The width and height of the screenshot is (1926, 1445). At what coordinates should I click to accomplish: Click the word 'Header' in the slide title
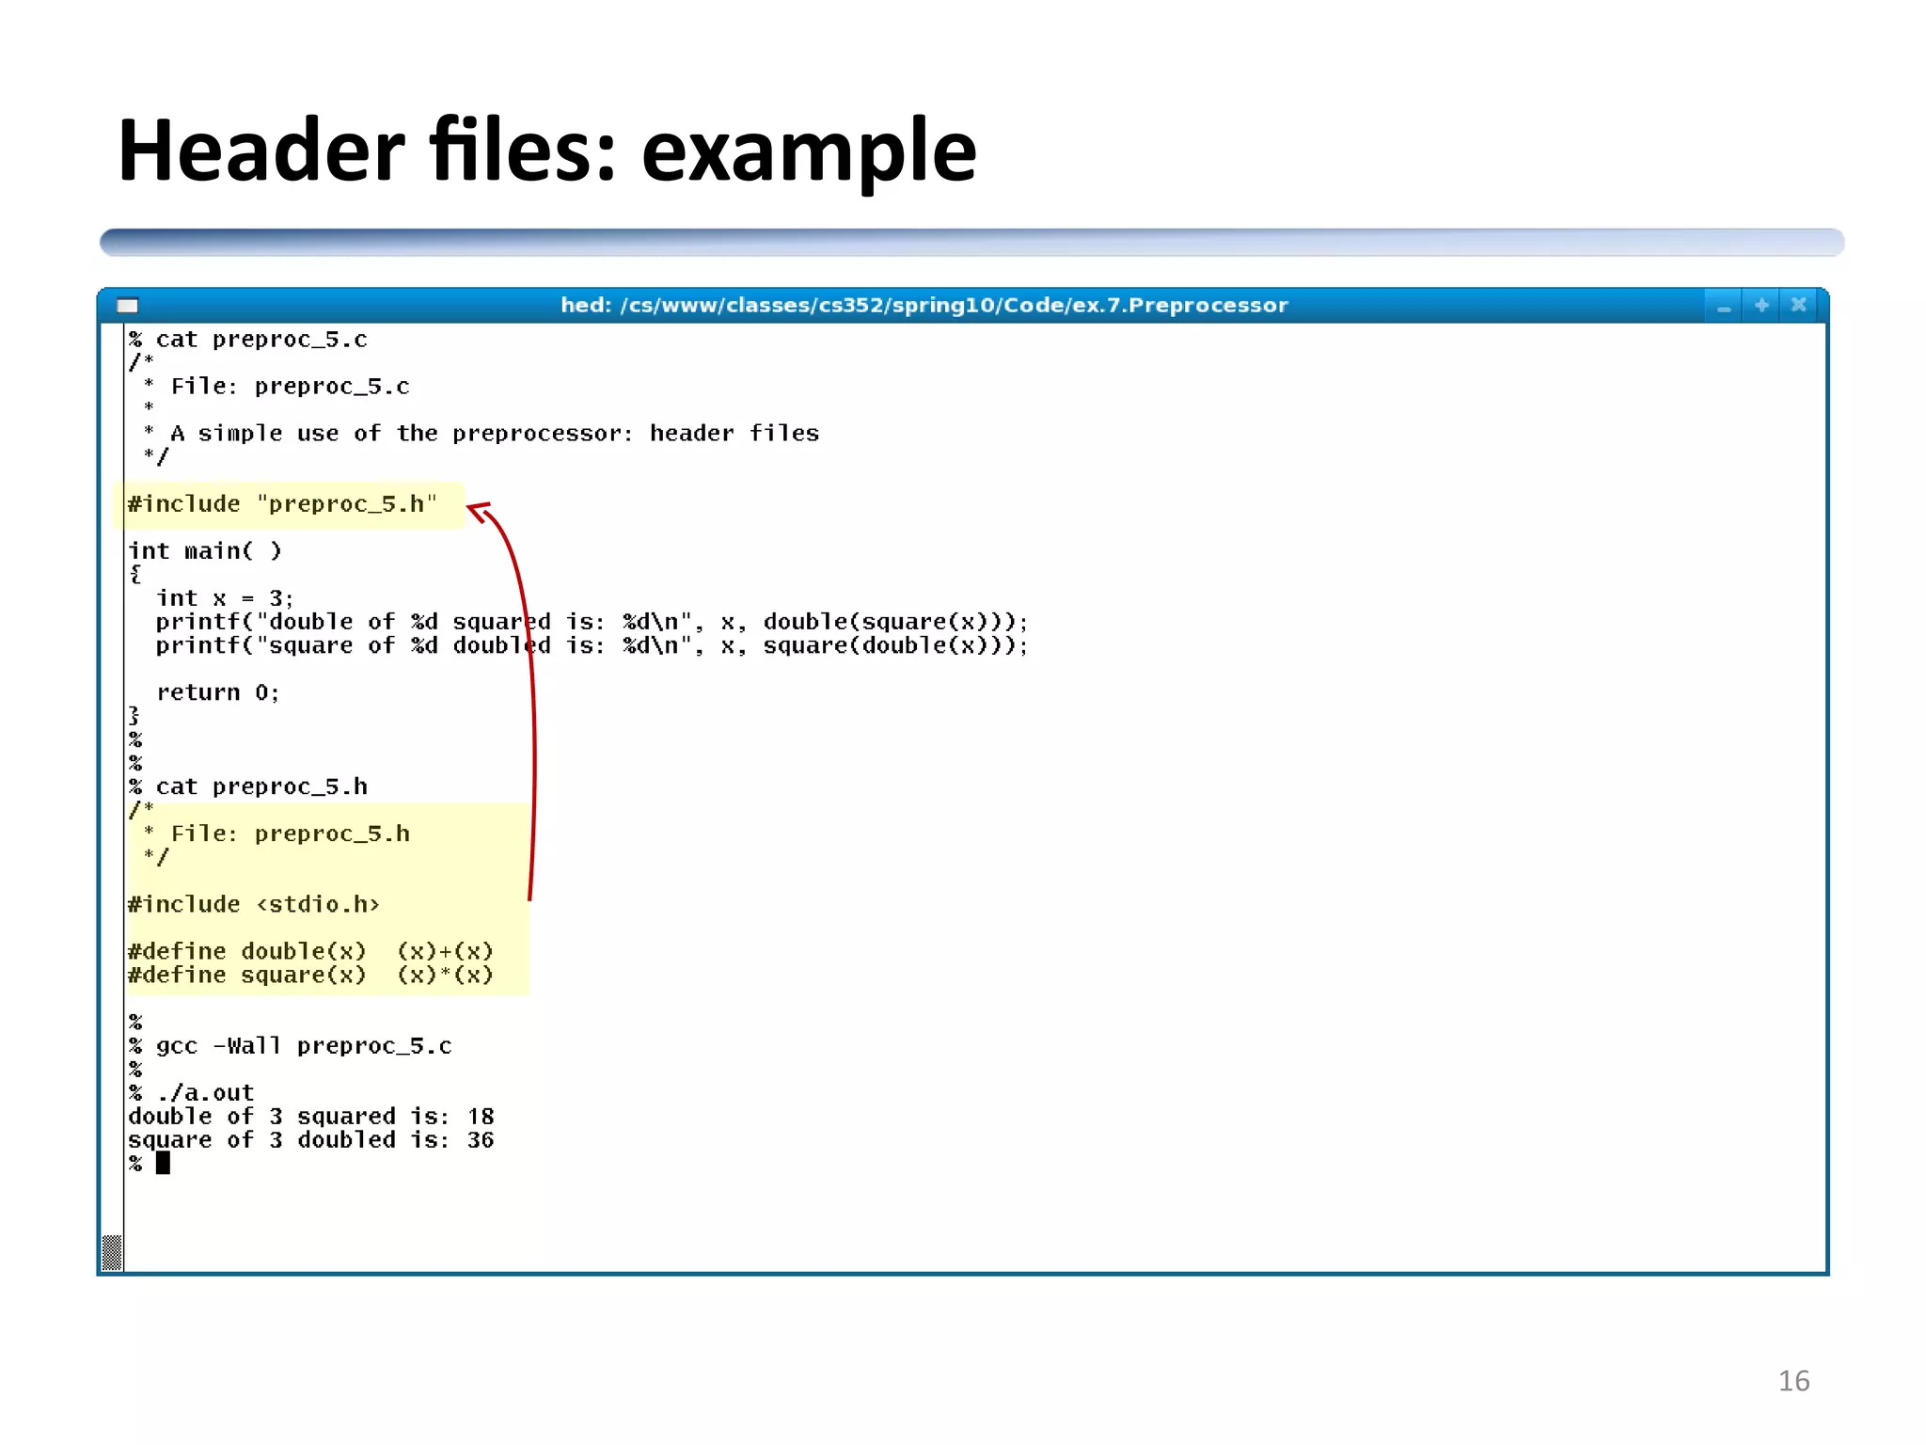pos(261,151)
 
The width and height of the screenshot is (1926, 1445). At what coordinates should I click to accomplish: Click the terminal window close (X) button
pos(1798,305)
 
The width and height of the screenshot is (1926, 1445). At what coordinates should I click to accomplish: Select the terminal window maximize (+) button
pos(1761,305)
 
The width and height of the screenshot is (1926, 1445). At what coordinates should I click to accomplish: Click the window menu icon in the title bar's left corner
pos(127,305)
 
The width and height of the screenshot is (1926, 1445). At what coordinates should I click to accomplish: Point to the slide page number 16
pos(1793,1380)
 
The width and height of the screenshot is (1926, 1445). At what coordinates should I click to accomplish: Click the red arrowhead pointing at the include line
pos(478,512)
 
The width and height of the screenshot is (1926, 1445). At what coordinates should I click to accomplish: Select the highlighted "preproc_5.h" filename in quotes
pos(346,504)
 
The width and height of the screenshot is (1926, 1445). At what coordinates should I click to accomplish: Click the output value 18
pos(481,1117)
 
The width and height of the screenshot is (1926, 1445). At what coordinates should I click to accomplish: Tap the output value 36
pos(481,1140)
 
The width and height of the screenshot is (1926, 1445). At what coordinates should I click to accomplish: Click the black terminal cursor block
pos(163,1164)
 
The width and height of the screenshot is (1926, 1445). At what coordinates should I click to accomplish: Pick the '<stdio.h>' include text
pos(318,904)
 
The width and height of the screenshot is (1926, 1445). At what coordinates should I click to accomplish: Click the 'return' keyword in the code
pos(197,692)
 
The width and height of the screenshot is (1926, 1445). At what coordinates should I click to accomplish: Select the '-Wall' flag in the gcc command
pos(246,1046)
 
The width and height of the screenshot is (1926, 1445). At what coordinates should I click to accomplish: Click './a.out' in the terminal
pos(205,1093)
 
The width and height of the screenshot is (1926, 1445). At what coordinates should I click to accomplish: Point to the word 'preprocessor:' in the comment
pos(543,434)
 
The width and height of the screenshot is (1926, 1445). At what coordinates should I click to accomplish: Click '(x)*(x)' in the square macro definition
pos(445,976)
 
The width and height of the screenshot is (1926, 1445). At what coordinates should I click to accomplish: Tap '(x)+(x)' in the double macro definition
pos(445,951)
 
